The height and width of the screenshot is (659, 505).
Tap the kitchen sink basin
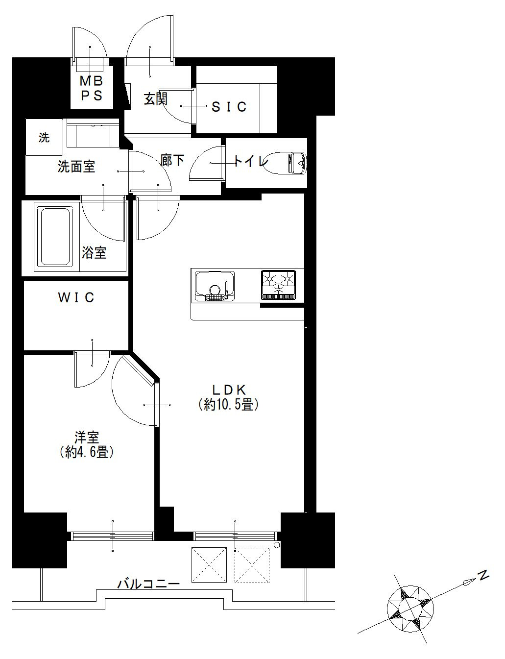tap(215, 286)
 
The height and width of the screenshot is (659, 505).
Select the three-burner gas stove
tap(278, 285)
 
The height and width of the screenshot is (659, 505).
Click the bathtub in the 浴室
tap(55, 236)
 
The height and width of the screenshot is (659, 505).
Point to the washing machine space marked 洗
tap(44, 137)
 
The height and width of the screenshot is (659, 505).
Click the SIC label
tap(229, 107)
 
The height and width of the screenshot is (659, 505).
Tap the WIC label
tap(76, 297)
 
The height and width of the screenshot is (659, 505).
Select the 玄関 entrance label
tap(155, 99)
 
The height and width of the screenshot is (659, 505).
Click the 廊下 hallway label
tap(172, 160)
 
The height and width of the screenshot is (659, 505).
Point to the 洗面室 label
tap(76, 167)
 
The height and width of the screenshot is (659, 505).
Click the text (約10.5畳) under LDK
tap(228, 404)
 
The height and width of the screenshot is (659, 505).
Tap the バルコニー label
tap(148, 583)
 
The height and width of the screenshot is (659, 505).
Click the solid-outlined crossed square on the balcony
tap(209, 565)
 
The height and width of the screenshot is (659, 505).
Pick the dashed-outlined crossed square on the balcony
tap(252, 565)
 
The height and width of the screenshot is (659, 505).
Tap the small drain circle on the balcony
tap(276, 545)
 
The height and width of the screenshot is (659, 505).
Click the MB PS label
tap(92, 88)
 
